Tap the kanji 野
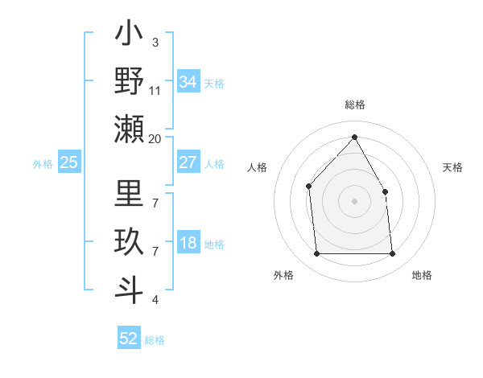[x=129, y=81]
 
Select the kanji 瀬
[x=129, y=128]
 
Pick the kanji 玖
[x=129, y=242]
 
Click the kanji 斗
[x=129, y=289]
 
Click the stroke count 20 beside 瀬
[x=155, y=139]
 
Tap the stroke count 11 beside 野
[x=155, y=90]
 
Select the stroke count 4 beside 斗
[x=155, y=300]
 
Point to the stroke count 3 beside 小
[x=155, y=42]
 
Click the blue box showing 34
[x=188, y=81]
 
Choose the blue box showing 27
[x=188, y=162]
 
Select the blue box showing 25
[x=68, y=162]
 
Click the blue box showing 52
[x=129, y=339]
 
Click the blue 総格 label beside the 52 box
[x=155, y=340]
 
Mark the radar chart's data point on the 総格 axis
[x=354, y=136]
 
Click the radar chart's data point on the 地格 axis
[x=393, y=254]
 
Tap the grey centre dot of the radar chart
[x=354, y=200]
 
